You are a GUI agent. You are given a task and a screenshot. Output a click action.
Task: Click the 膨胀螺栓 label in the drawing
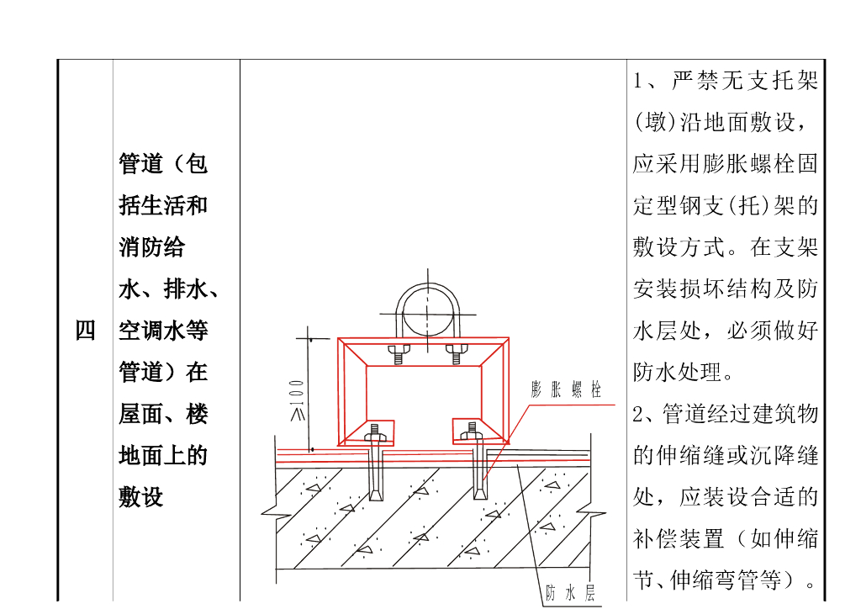click(x=566, y=389)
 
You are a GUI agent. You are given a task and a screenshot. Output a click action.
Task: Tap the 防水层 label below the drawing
click(x=570, y=593)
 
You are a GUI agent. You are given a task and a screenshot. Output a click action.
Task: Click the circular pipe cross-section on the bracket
click(x=427, y=313)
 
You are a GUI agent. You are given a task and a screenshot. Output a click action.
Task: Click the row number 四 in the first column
click(x=85, y=331)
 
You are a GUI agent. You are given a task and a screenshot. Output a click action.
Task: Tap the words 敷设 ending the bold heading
click(x=140, y=497)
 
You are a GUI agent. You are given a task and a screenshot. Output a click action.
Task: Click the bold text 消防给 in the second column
click(x=151, y=247)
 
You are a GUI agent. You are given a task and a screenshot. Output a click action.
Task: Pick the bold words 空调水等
click(x=163, y=331)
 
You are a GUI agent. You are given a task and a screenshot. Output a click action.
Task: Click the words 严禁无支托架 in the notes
click(x=744, y=82)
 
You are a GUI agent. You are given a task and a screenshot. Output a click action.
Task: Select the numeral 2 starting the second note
click(x=638, y=414)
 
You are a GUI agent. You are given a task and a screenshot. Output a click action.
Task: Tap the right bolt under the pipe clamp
click(x=457, y=352)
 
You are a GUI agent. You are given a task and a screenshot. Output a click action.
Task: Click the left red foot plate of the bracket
click(x=367, y=432)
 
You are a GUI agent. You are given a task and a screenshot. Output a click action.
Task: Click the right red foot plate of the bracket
click(x=479, y=432)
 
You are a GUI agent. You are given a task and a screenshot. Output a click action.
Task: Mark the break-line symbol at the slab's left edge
click(x=271, y=509)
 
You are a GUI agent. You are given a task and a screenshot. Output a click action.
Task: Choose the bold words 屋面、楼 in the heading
click(x=162, y=414)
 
